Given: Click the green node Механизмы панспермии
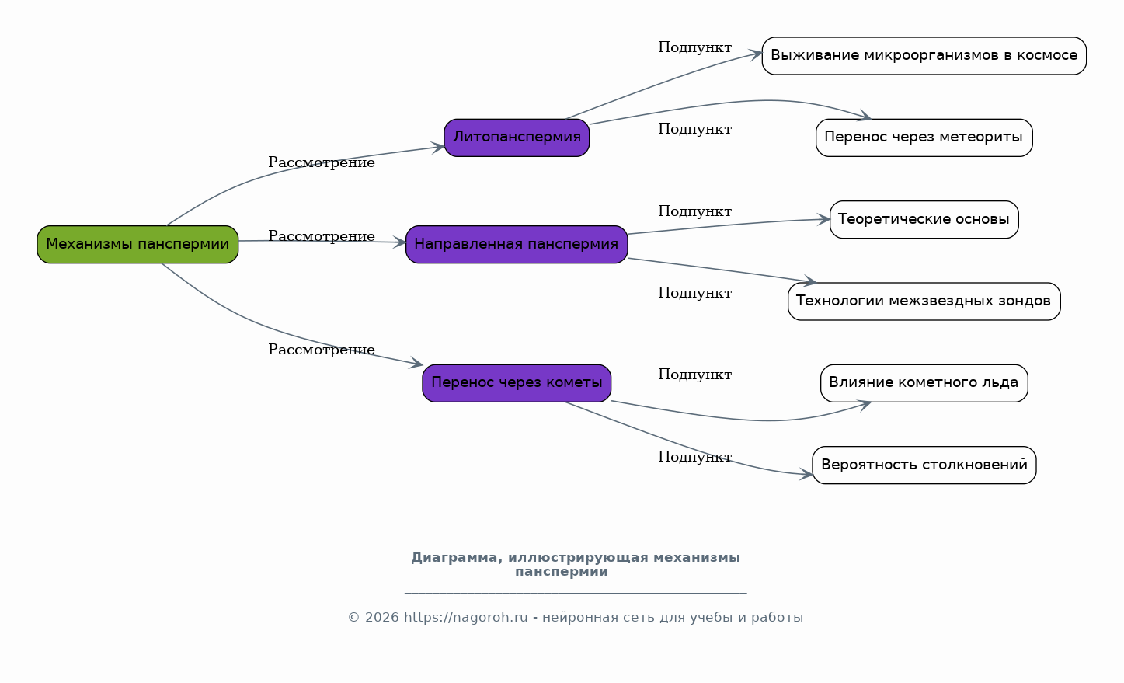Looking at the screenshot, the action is [x=137, y=245].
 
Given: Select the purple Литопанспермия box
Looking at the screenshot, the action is [x=517, y=138].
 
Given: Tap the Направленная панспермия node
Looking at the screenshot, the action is [x=517, y=245].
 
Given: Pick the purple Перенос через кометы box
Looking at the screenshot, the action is [x=517, y=383].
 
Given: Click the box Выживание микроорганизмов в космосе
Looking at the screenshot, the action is [x=924, y=56].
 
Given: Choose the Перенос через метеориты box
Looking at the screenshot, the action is [x=924, y=138].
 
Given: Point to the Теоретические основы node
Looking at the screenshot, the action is [x=924, y=219].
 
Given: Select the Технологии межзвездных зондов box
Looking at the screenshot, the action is [x=924, y=301].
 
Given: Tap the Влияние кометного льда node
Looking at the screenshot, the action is [x=924, y=383].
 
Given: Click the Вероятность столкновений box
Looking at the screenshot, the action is [x=924, y=465].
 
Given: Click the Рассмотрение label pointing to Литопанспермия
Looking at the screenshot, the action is [x=322, y=162].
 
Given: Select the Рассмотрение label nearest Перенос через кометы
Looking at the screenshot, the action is [x=322, y=350].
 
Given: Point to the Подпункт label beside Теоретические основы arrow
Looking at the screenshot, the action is [x=695, y=211].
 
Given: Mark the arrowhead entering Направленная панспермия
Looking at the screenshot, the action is [x=399, y=242].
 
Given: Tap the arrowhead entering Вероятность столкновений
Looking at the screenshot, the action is [x=806, y=474].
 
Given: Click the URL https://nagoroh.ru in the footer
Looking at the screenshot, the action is [x=465, y=617].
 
